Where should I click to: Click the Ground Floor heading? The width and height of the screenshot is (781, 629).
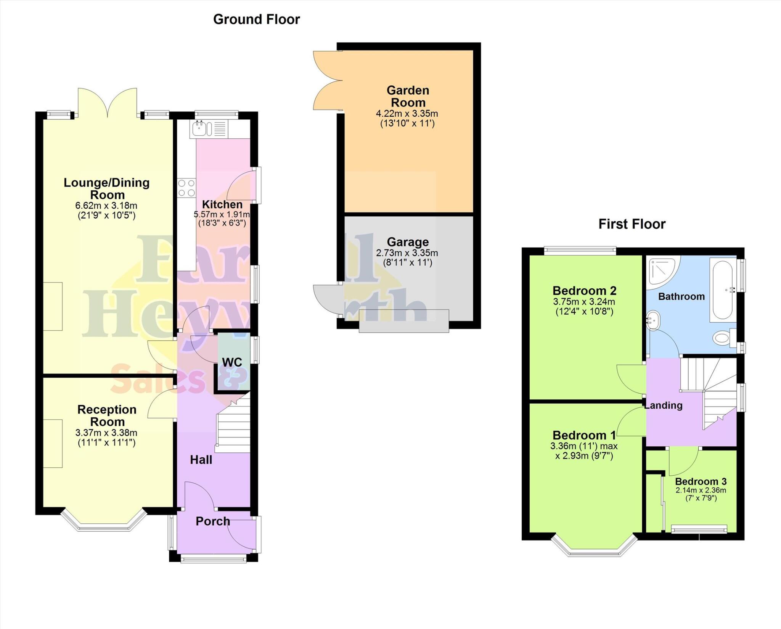pos(256,19)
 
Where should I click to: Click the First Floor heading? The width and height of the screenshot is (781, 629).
pos(632,224)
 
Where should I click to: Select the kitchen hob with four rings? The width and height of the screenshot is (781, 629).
pos(186,188)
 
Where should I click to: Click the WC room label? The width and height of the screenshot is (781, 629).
pos(232,362)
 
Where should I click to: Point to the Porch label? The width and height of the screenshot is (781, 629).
pos(213,521)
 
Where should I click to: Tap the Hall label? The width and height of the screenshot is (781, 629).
pos(201,460)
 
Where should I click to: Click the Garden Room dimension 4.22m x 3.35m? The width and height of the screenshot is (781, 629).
pos(407,114)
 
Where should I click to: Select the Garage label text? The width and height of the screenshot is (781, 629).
pos(408,242)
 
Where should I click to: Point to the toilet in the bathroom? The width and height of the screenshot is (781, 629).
pos(723,338)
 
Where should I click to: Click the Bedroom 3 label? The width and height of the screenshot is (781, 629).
pos(701,481)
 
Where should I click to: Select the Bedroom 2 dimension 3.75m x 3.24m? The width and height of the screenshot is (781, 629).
pos(584,302)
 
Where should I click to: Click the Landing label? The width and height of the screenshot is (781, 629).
pos(664,405)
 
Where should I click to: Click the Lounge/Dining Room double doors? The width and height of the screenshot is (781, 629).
pos(108,102)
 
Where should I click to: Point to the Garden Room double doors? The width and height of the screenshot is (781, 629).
pos(326,81)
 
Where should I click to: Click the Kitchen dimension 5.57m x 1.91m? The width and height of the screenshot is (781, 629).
pos(222,214)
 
